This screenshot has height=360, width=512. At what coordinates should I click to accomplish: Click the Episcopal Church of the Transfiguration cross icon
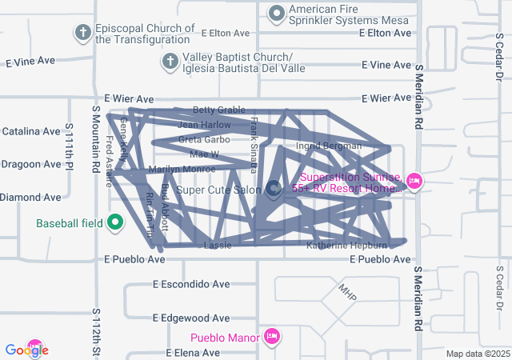[x=82, y=33]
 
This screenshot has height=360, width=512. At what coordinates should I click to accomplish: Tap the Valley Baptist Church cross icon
[x=170, y=61]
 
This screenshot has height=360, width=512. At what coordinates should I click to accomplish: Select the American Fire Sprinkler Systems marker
[x=277, y=13]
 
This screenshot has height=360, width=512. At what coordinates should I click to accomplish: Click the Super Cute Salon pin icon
[x=273, y=189]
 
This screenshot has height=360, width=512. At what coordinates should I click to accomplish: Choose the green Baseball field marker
[x=114, y=222]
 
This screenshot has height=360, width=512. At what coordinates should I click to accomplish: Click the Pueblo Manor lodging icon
[x=271, y=337]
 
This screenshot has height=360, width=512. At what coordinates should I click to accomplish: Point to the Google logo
[x=26, y=350]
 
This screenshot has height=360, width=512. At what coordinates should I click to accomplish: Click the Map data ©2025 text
[x=477, y=354]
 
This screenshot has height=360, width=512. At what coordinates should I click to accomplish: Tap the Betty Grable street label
[x=218, y=110]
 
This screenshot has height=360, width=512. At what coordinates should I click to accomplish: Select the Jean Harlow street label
[x=204, y=125]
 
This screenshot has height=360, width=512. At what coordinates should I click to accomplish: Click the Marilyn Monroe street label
[x=182, y=169]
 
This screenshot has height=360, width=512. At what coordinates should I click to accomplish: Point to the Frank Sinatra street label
[x=254, y=145]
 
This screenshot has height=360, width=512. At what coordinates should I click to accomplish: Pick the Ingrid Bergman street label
[x=329, y=146]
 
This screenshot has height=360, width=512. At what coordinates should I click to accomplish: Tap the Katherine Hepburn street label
[x=346, y=246]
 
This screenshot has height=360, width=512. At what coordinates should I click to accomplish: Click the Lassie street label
[x=218, y=245]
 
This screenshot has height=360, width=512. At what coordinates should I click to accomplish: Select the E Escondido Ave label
[x=191, y=284]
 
